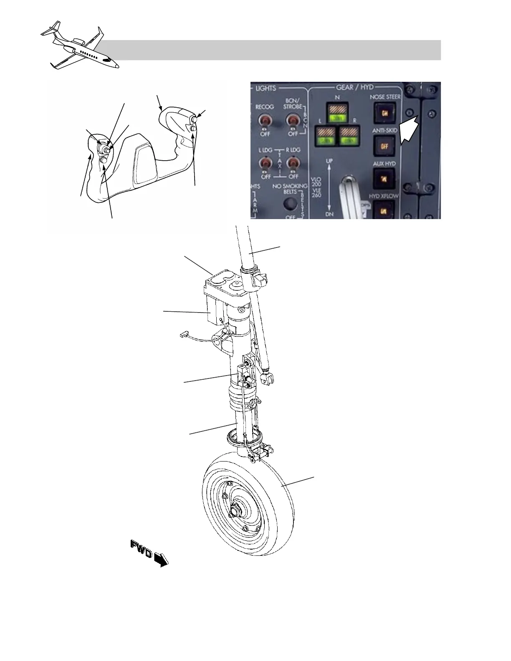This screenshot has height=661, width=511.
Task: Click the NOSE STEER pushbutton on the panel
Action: pos(384,112)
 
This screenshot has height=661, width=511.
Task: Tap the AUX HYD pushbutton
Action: pos(384,179)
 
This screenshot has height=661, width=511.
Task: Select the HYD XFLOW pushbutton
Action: pos(384,210)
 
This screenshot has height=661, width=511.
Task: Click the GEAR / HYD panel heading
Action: pos(354,88)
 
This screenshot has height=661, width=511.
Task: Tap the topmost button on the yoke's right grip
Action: pos(194,119)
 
